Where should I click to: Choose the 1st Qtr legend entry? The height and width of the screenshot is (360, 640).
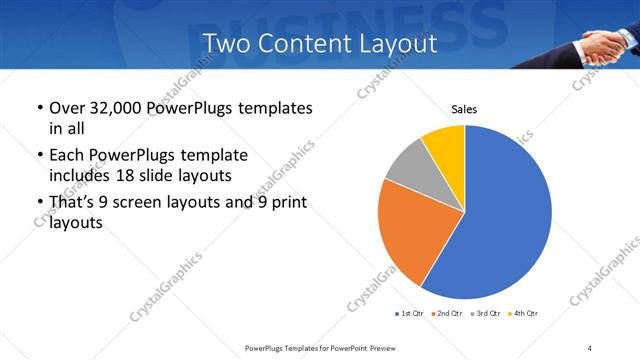(x=411, y=315)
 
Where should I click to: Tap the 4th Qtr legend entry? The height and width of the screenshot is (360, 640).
(x=525, y=315)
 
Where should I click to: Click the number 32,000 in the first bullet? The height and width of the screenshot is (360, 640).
(x=118, y=108)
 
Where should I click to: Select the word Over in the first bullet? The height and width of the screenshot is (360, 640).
(x=68, y=108)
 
